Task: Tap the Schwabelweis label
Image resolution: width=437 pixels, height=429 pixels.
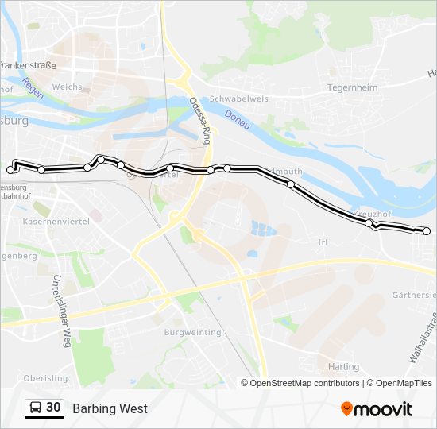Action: tap(238, 99)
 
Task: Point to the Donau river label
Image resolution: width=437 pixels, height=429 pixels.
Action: tap(238, 115)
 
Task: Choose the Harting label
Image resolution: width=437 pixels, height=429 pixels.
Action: tap(342, 367)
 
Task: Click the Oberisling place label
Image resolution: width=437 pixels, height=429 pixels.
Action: tap(45, 378)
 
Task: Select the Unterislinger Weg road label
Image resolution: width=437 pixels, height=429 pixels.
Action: tap(60, 311)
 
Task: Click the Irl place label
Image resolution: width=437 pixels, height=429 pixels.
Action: tap(323, 242)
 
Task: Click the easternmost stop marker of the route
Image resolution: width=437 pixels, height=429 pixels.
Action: tap(427, 231)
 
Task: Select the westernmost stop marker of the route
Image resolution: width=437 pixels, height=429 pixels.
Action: tap(10, 170)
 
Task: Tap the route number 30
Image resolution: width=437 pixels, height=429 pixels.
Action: tap(53, 408)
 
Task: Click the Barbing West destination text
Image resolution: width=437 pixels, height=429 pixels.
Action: tap(110, 409)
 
